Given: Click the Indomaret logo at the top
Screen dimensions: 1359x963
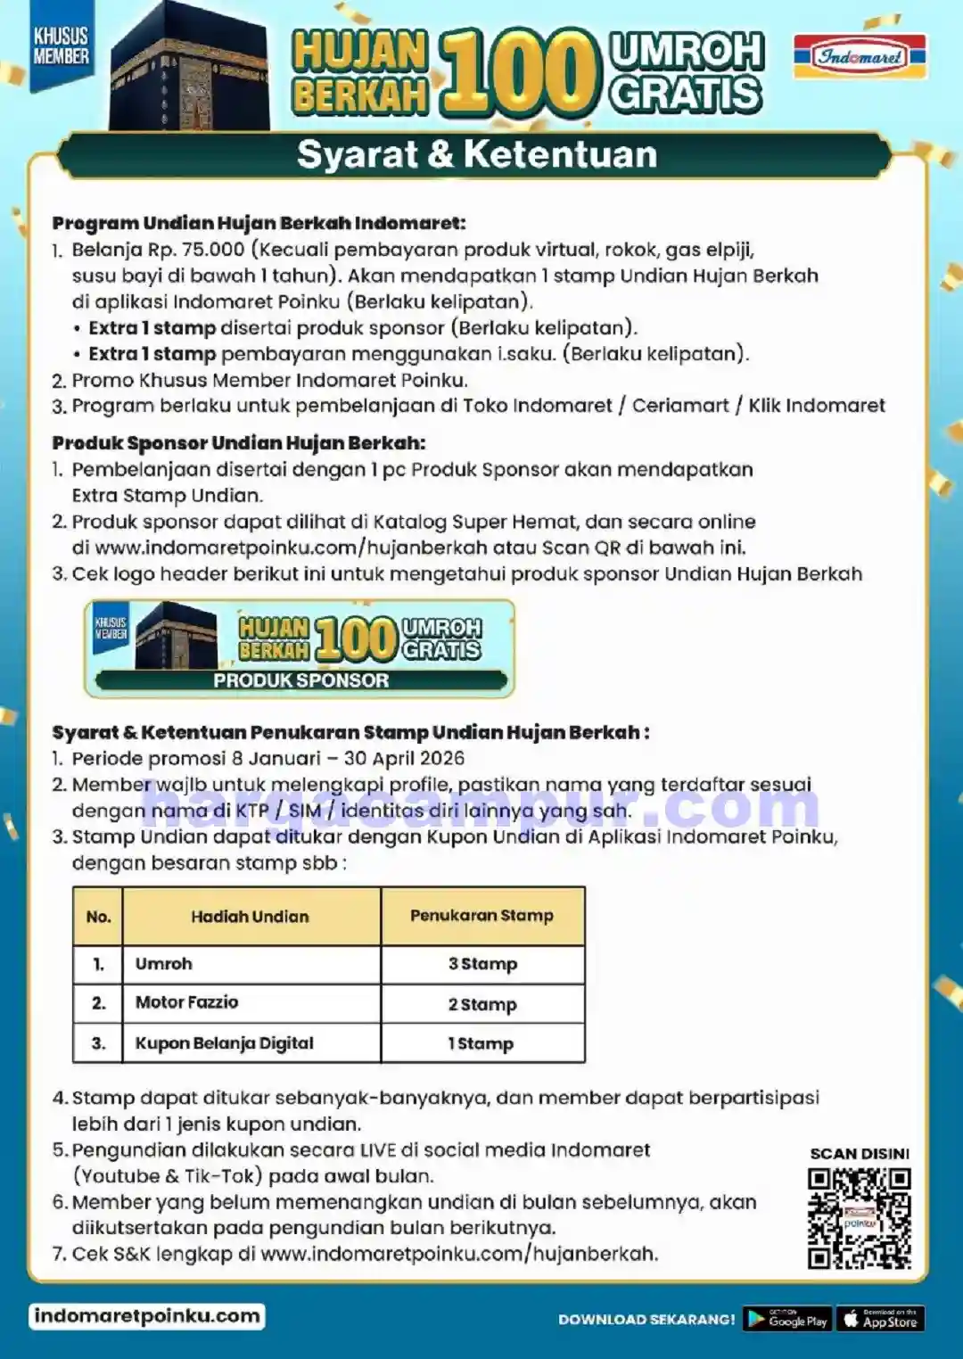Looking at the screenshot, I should (860, 56).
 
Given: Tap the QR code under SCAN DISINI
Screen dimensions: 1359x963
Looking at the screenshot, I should (859, 1218).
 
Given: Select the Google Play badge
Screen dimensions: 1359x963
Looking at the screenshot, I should (787, 1319).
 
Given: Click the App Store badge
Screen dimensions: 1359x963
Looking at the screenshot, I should (880, 1319).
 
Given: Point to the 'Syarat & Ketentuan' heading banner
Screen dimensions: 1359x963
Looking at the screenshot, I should (476, 154).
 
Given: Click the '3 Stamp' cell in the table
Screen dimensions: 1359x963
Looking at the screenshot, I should (482, 964).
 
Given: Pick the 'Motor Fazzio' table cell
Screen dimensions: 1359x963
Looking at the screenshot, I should (186, 1002).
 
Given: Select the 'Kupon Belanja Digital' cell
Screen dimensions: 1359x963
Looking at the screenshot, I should (224, 1043).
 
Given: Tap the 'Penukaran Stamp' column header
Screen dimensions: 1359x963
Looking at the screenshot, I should (481, 916).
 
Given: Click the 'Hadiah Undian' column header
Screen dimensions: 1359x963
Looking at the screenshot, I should (250, 917).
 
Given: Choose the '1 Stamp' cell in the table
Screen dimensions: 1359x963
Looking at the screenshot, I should (481, 1043).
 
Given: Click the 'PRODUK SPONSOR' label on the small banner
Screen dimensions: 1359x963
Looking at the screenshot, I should (300, 680).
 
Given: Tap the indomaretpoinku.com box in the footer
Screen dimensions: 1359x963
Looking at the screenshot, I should (147, 1316).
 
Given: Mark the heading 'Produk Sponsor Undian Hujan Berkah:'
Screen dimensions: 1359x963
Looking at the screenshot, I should (238, 443).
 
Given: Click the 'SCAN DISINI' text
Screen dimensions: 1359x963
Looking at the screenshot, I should (859, 1154).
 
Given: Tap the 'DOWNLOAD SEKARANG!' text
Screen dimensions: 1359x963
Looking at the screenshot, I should (646, 1320).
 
